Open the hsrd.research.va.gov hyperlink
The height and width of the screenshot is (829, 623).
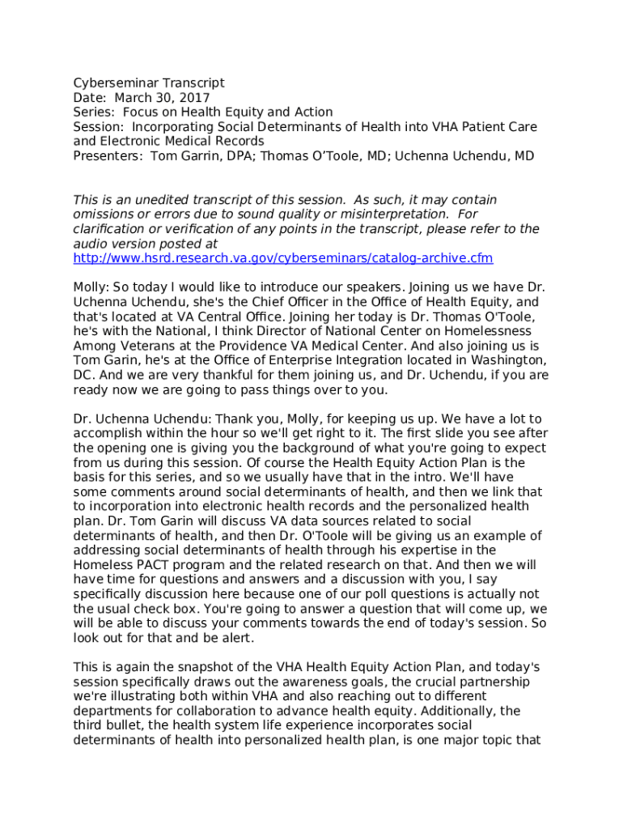(x=282, y=258)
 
